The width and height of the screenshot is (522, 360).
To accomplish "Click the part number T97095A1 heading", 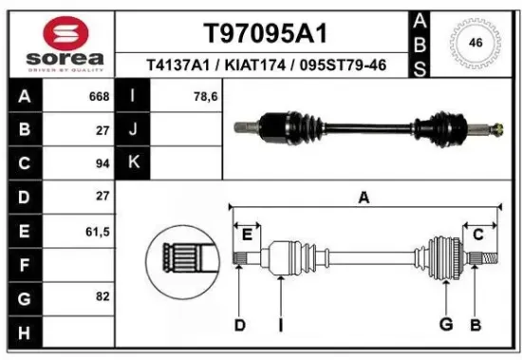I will pyautogui.click(x=265, y=33).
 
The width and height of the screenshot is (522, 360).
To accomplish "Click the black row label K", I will pyautogui.click(x=133, y=162).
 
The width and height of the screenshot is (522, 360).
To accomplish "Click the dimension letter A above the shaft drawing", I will pyautogui.click(x=364, y=197).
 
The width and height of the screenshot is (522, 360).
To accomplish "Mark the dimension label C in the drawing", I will pyautogui.click(x=478, y=234).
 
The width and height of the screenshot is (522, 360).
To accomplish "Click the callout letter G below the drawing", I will pyautogui.click(x=444, y=326).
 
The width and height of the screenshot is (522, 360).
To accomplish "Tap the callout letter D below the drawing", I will pyautogui.click(x=240, y=326).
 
